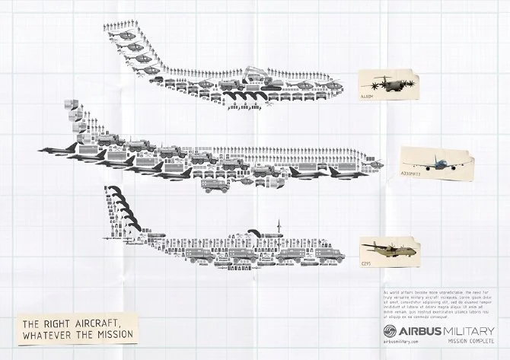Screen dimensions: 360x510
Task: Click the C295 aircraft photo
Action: click(x=388, y=247)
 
